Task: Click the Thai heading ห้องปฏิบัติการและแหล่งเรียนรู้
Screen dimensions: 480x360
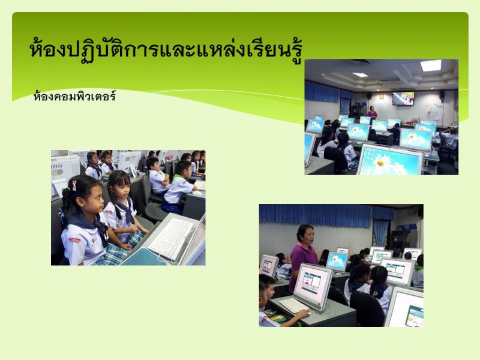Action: click(166, 50)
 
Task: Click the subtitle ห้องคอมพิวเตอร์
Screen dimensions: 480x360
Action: click(74, 97)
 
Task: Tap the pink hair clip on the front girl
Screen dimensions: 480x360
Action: click(74, 185)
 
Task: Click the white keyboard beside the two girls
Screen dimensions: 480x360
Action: click(172, 238)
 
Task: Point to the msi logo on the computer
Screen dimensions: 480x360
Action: click(57, 166)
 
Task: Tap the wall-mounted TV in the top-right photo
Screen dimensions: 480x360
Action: click(403, 98)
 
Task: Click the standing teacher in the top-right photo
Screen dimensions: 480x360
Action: click(371, 115)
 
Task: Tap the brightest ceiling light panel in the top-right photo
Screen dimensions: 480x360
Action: click(431, 65)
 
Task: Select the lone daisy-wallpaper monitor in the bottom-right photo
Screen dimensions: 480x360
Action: click(337, 262)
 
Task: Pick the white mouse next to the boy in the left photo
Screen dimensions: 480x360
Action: click(197, 193)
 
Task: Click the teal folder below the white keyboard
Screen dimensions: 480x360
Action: click(143, 257)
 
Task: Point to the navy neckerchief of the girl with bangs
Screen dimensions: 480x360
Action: click(125, 212)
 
